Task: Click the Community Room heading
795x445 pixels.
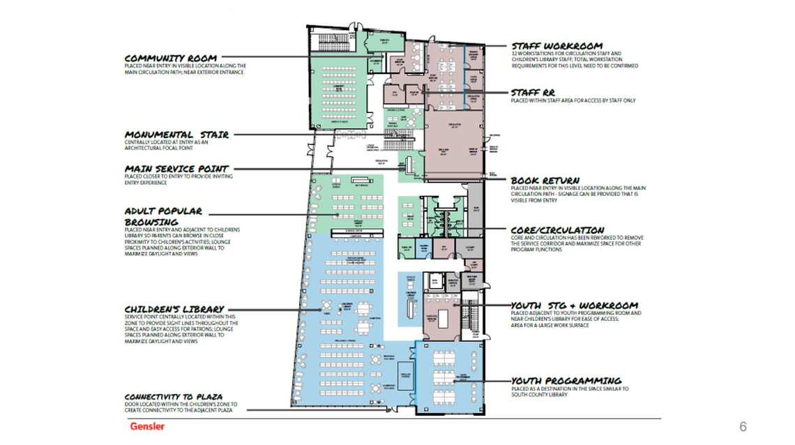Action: click(170, 58)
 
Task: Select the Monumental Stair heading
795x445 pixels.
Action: click(176, 135)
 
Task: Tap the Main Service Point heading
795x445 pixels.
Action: click(176, 169)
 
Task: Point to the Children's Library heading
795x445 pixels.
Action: click(174, 309)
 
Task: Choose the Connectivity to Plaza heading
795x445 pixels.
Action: click(174, 397)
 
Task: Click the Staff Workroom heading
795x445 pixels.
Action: click(556, 47)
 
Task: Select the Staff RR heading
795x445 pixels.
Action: click(533, 92)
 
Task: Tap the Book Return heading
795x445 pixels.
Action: click(545, 181)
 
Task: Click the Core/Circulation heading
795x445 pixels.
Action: click(557, 230)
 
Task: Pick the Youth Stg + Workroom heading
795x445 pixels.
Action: click(574, 306)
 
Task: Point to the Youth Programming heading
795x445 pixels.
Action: click(566, 381)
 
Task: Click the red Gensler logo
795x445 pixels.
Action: click(146, 426)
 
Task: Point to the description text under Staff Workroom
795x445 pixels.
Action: click(574, 59)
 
